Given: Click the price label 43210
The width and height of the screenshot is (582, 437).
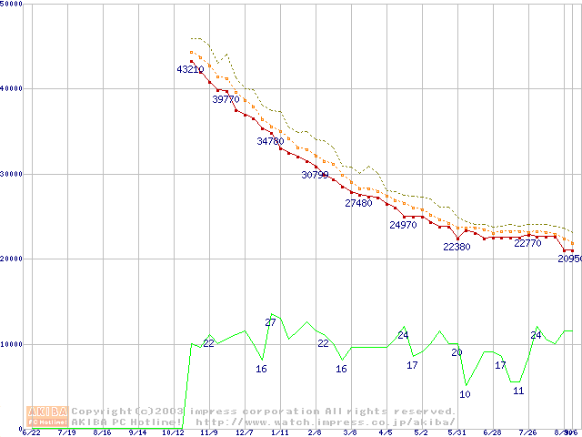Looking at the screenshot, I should point(190,69).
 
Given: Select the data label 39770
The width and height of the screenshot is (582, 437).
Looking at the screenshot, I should point(226,99).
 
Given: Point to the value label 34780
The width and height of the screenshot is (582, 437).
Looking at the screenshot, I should point(270,141).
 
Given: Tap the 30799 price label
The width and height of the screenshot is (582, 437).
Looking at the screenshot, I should point(315,175).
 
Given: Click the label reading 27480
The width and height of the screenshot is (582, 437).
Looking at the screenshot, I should point(358,203).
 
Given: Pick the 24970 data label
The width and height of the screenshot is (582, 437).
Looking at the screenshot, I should point(403,225).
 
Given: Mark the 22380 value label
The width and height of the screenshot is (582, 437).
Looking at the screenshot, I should point(457,247).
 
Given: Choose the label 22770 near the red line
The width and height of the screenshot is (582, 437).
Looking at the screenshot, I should point(528,243).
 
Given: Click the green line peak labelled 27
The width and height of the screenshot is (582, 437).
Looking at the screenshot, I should point(270,322).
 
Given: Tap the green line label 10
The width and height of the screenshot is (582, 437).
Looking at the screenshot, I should point(465,394).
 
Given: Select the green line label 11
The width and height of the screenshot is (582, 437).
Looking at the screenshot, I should point(518,391).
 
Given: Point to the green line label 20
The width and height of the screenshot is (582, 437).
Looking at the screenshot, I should point(457,351).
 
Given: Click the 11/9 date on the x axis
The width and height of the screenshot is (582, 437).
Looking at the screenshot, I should point(208,433).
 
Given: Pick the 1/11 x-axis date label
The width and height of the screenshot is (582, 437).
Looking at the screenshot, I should point(279,433).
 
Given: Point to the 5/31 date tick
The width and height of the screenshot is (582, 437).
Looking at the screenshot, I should point(457,433).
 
